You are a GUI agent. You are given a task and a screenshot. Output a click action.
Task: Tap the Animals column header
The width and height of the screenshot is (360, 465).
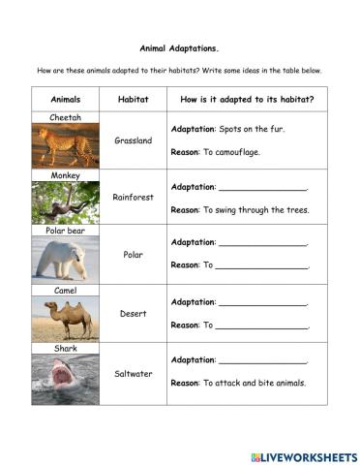(x=65, y=100)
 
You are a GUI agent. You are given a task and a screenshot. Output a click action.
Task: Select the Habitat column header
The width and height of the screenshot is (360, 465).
(x=133, y=100)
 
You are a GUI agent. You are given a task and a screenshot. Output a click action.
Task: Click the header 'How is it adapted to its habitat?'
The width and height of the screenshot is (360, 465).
(x=247, y=100)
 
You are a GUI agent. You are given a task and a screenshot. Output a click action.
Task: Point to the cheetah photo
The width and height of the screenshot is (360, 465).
(x=65, y=145)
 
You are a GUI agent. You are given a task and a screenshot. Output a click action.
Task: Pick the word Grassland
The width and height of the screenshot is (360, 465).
(x=133, y=140)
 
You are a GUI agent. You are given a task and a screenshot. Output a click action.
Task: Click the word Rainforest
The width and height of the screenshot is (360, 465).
(x=133, y=198)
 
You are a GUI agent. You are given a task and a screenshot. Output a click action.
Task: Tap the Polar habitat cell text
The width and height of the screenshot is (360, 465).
(x=133, y=255)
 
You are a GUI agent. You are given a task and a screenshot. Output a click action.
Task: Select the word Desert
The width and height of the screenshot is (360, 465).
(x=133, y=314)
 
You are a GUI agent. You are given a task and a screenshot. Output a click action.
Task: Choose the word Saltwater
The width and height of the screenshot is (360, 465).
(x=133, y=373)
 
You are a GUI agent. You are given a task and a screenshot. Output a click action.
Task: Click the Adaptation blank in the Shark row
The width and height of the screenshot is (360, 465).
(x=262, y=360)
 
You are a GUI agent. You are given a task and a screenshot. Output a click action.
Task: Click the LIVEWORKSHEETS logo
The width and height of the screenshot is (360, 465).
(x=303, y=455)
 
